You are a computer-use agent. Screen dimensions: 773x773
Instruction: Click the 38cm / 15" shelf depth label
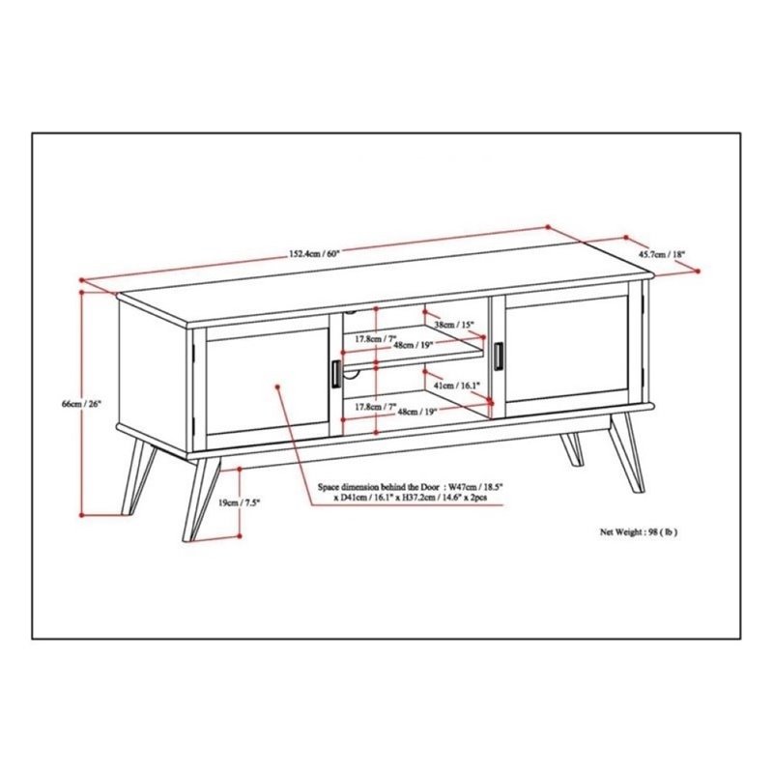coord(452,326)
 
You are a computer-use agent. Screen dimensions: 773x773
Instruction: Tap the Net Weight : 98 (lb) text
coord(639,532)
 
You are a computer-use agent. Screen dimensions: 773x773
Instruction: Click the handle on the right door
coord(498,355)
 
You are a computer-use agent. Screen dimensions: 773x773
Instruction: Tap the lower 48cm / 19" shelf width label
coord(415,412)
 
